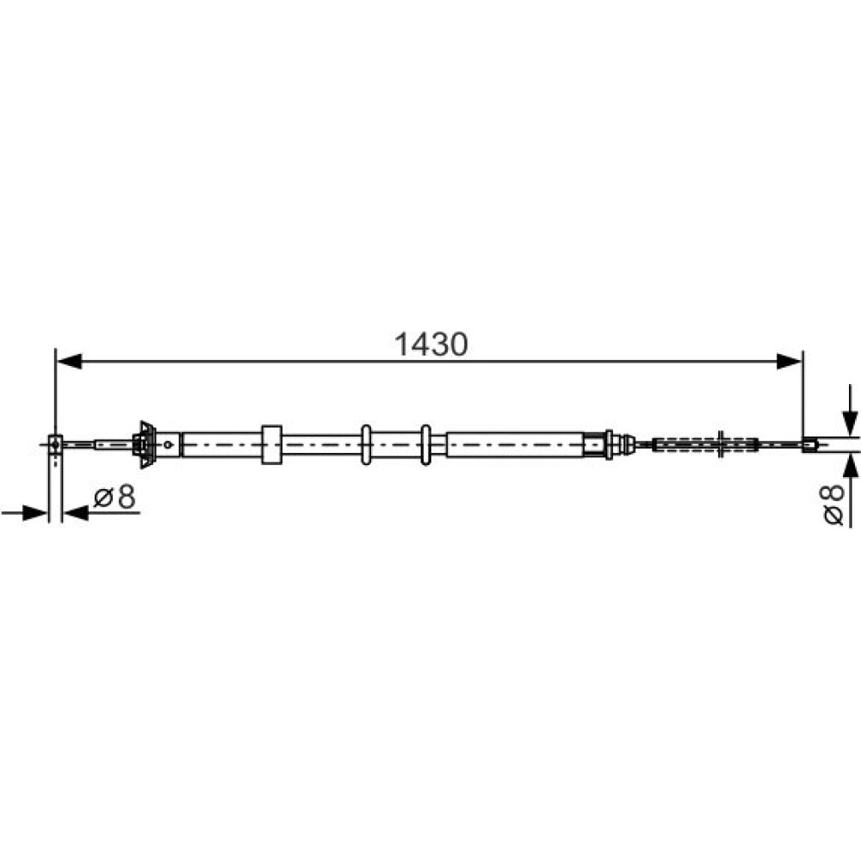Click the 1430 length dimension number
point(431,344)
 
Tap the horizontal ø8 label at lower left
point(115,497)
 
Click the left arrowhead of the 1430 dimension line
point(69,362)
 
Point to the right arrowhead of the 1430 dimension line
point(789,362)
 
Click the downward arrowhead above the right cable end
point(850,424)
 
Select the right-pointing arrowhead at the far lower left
point(34,513)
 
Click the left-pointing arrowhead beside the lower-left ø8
point(77,513)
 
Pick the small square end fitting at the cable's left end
point(55,443)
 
